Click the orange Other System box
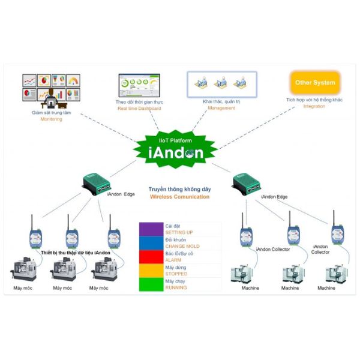click(315, 83)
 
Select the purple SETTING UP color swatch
click(151, 229)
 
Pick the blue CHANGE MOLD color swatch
click(151, 243)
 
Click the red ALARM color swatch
click(151, 257)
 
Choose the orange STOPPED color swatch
click(151, 271)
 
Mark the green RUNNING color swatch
click(151, 284)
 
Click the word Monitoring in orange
click(51, 119)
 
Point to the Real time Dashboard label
click(139, 109)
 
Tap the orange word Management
click(221, 108)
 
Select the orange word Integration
click(314, 106)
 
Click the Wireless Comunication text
click(180, 197)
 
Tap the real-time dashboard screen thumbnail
click(139, 85)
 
